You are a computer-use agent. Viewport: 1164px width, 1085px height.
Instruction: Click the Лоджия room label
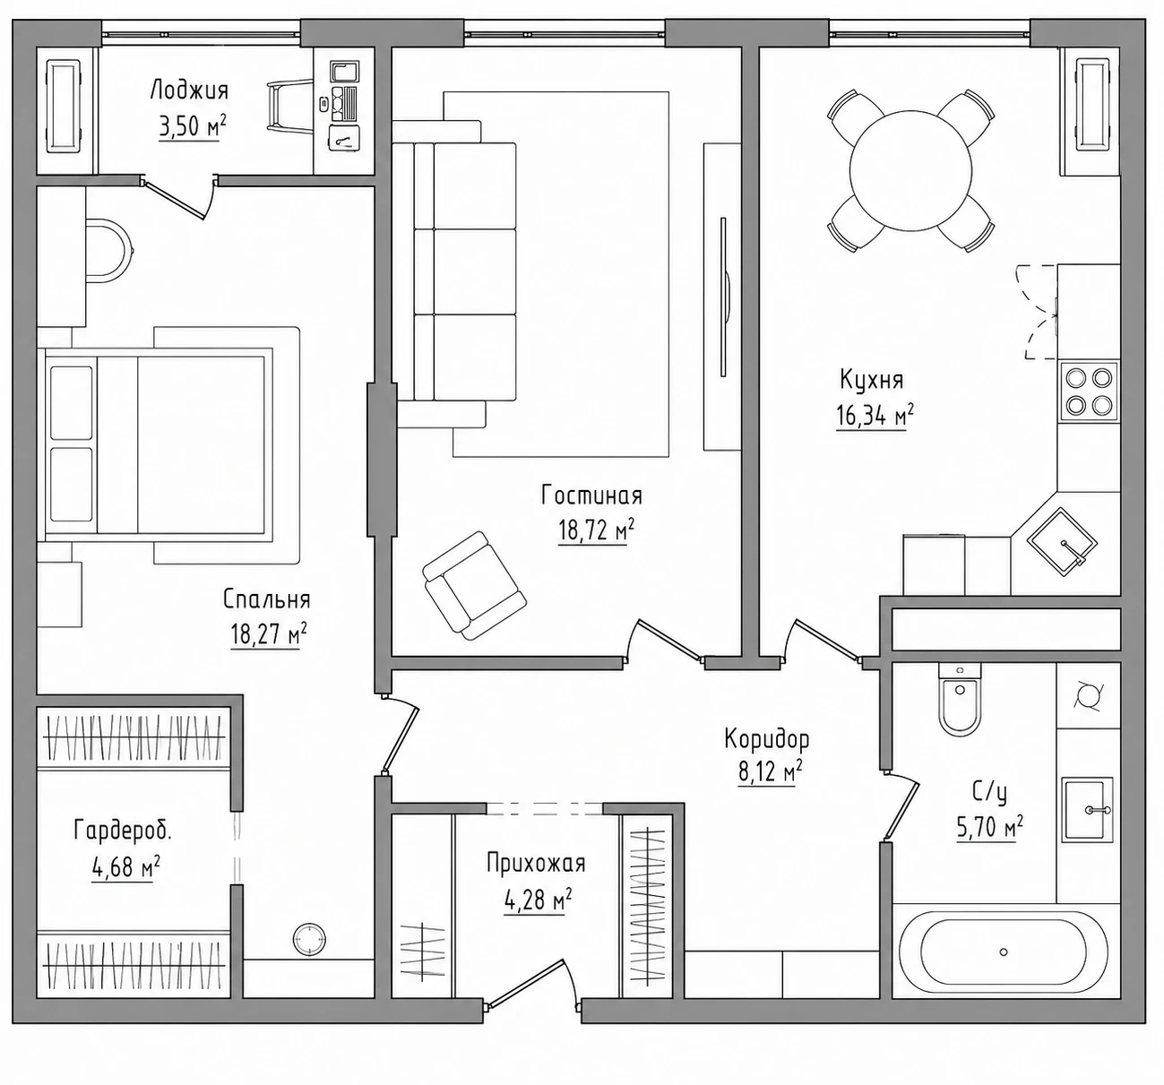tap(189, 90)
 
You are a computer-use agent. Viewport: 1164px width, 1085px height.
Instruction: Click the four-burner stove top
tap(1090, 391)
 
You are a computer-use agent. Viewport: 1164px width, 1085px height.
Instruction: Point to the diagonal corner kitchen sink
tap(1063, 542)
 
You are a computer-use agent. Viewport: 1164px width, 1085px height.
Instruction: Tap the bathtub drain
tap(1004, 952)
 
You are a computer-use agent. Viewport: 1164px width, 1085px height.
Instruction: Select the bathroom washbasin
tap(1087, 810)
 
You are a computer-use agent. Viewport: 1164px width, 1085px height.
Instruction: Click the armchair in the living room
tap(474, 585)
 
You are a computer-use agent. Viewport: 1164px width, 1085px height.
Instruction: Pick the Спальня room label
tap(267, 599)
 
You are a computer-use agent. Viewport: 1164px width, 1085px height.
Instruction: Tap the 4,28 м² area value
tap(538, 900)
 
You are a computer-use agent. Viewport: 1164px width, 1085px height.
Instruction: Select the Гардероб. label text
tap(123, 831)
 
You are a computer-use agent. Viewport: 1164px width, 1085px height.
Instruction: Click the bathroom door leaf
tap(901, 806)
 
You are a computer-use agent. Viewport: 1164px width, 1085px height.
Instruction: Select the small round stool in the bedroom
tap(309, 939)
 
